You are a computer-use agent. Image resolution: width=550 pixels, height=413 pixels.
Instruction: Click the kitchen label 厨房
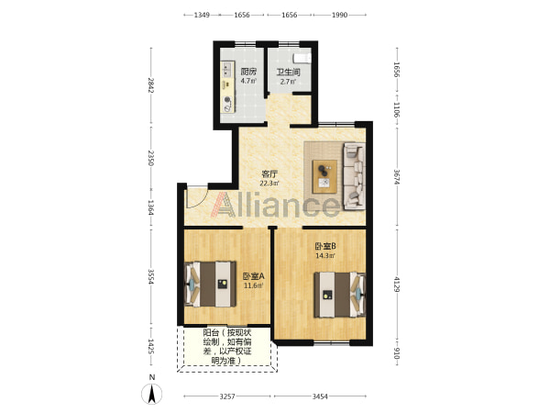248,72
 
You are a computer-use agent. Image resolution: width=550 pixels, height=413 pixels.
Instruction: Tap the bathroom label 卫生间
289,73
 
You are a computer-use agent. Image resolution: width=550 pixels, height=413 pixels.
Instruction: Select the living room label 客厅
269,173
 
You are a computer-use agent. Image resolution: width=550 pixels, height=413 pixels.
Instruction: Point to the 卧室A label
254,276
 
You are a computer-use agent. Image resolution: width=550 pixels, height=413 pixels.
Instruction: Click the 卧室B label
325,246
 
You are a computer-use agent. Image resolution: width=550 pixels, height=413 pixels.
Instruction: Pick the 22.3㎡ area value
269,184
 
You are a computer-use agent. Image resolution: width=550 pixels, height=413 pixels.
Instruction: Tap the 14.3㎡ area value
325,256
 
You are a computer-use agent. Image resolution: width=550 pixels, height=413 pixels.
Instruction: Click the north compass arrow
151,394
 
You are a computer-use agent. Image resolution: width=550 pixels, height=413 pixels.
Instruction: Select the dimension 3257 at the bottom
227,396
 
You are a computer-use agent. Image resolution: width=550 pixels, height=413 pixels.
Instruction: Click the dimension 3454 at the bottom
320,396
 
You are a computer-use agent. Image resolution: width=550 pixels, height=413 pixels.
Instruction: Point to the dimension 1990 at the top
339,15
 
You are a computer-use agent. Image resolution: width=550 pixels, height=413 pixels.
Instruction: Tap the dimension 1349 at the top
202,15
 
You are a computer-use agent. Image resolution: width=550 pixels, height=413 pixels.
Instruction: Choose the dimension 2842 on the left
151,85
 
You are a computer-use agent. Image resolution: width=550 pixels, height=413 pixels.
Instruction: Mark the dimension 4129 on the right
397,285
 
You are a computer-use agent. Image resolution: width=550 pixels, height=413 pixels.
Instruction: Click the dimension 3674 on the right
397,177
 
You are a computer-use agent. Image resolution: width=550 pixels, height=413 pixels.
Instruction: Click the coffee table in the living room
325,176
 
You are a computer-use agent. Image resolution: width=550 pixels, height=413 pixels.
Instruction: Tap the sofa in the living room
354,176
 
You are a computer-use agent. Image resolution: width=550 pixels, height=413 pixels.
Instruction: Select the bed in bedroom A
210,285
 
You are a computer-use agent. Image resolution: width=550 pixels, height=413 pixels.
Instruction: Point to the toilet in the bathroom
302,58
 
